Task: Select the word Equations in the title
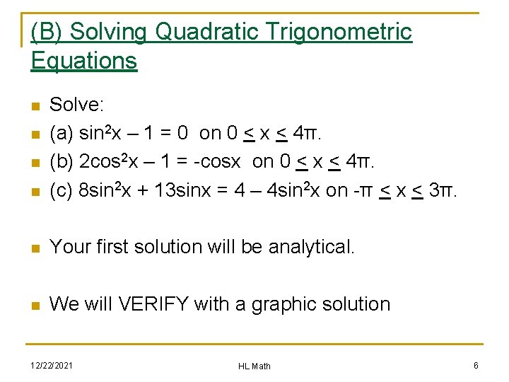(84, 61)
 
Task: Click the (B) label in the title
(48, 32)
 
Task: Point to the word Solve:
(77, 105)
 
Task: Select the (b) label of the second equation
(62, 162)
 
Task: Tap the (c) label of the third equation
(62, 191)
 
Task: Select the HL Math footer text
(255, 366)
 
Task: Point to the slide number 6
(476, 365)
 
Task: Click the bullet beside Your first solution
(35, 248)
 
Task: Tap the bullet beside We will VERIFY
(35, 305)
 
